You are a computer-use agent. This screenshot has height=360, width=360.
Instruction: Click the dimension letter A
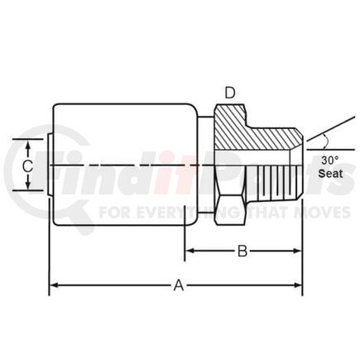pos(179,285)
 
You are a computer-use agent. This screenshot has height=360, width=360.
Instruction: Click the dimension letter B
pos(242,251)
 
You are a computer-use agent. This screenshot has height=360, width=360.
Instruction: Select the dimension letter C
pos(27,166)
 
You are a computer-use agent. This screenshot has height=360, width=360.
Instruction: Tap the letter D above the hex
pos(230,93)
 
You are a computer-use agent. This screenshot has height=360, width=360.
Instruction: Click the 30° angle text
pos(330,160)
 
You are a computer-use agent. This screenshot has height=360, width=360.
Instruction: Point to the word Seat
pos(330,174)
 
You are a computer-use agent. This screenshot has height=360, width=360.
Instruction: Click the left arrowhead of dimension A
pos(54,285)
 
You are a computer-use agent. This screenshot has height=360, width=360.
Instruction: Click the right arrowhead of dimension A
pos(298,285)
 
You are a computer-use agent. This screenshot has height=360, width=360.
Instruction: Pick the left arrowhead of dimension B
pos(190,251)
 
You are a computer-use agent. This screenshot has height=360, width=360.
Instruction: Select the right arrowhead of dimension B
pos(298,251)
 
